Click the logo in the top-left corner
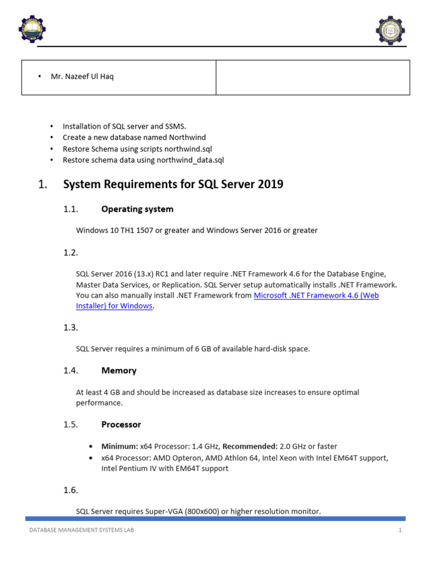tap(32, 29)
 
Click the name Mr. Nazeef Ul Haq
tap(82, 76)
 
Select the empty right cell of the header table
tap(313, 77)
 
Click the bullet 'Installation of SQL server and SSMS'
tap(124, 126)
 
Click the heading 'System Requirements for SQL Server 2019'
tap(173, 184)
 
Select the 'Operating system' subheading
tap(137, 209)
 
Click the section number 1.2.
tap(70, 253)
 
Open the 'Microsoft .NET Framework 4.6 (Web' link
tap(316, 295)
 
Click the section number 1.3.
tap(70, 327)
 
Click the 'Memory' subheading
tap(118, 371)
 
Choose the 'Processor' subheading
tap(121, 425)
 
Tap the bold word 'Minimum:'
tap(119, 446)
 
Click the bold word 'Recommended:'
tap(250, 446)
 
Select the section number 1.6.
tap(70, 490)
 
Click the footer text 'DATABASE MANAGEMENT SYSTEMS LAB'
tap(81, 530)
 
